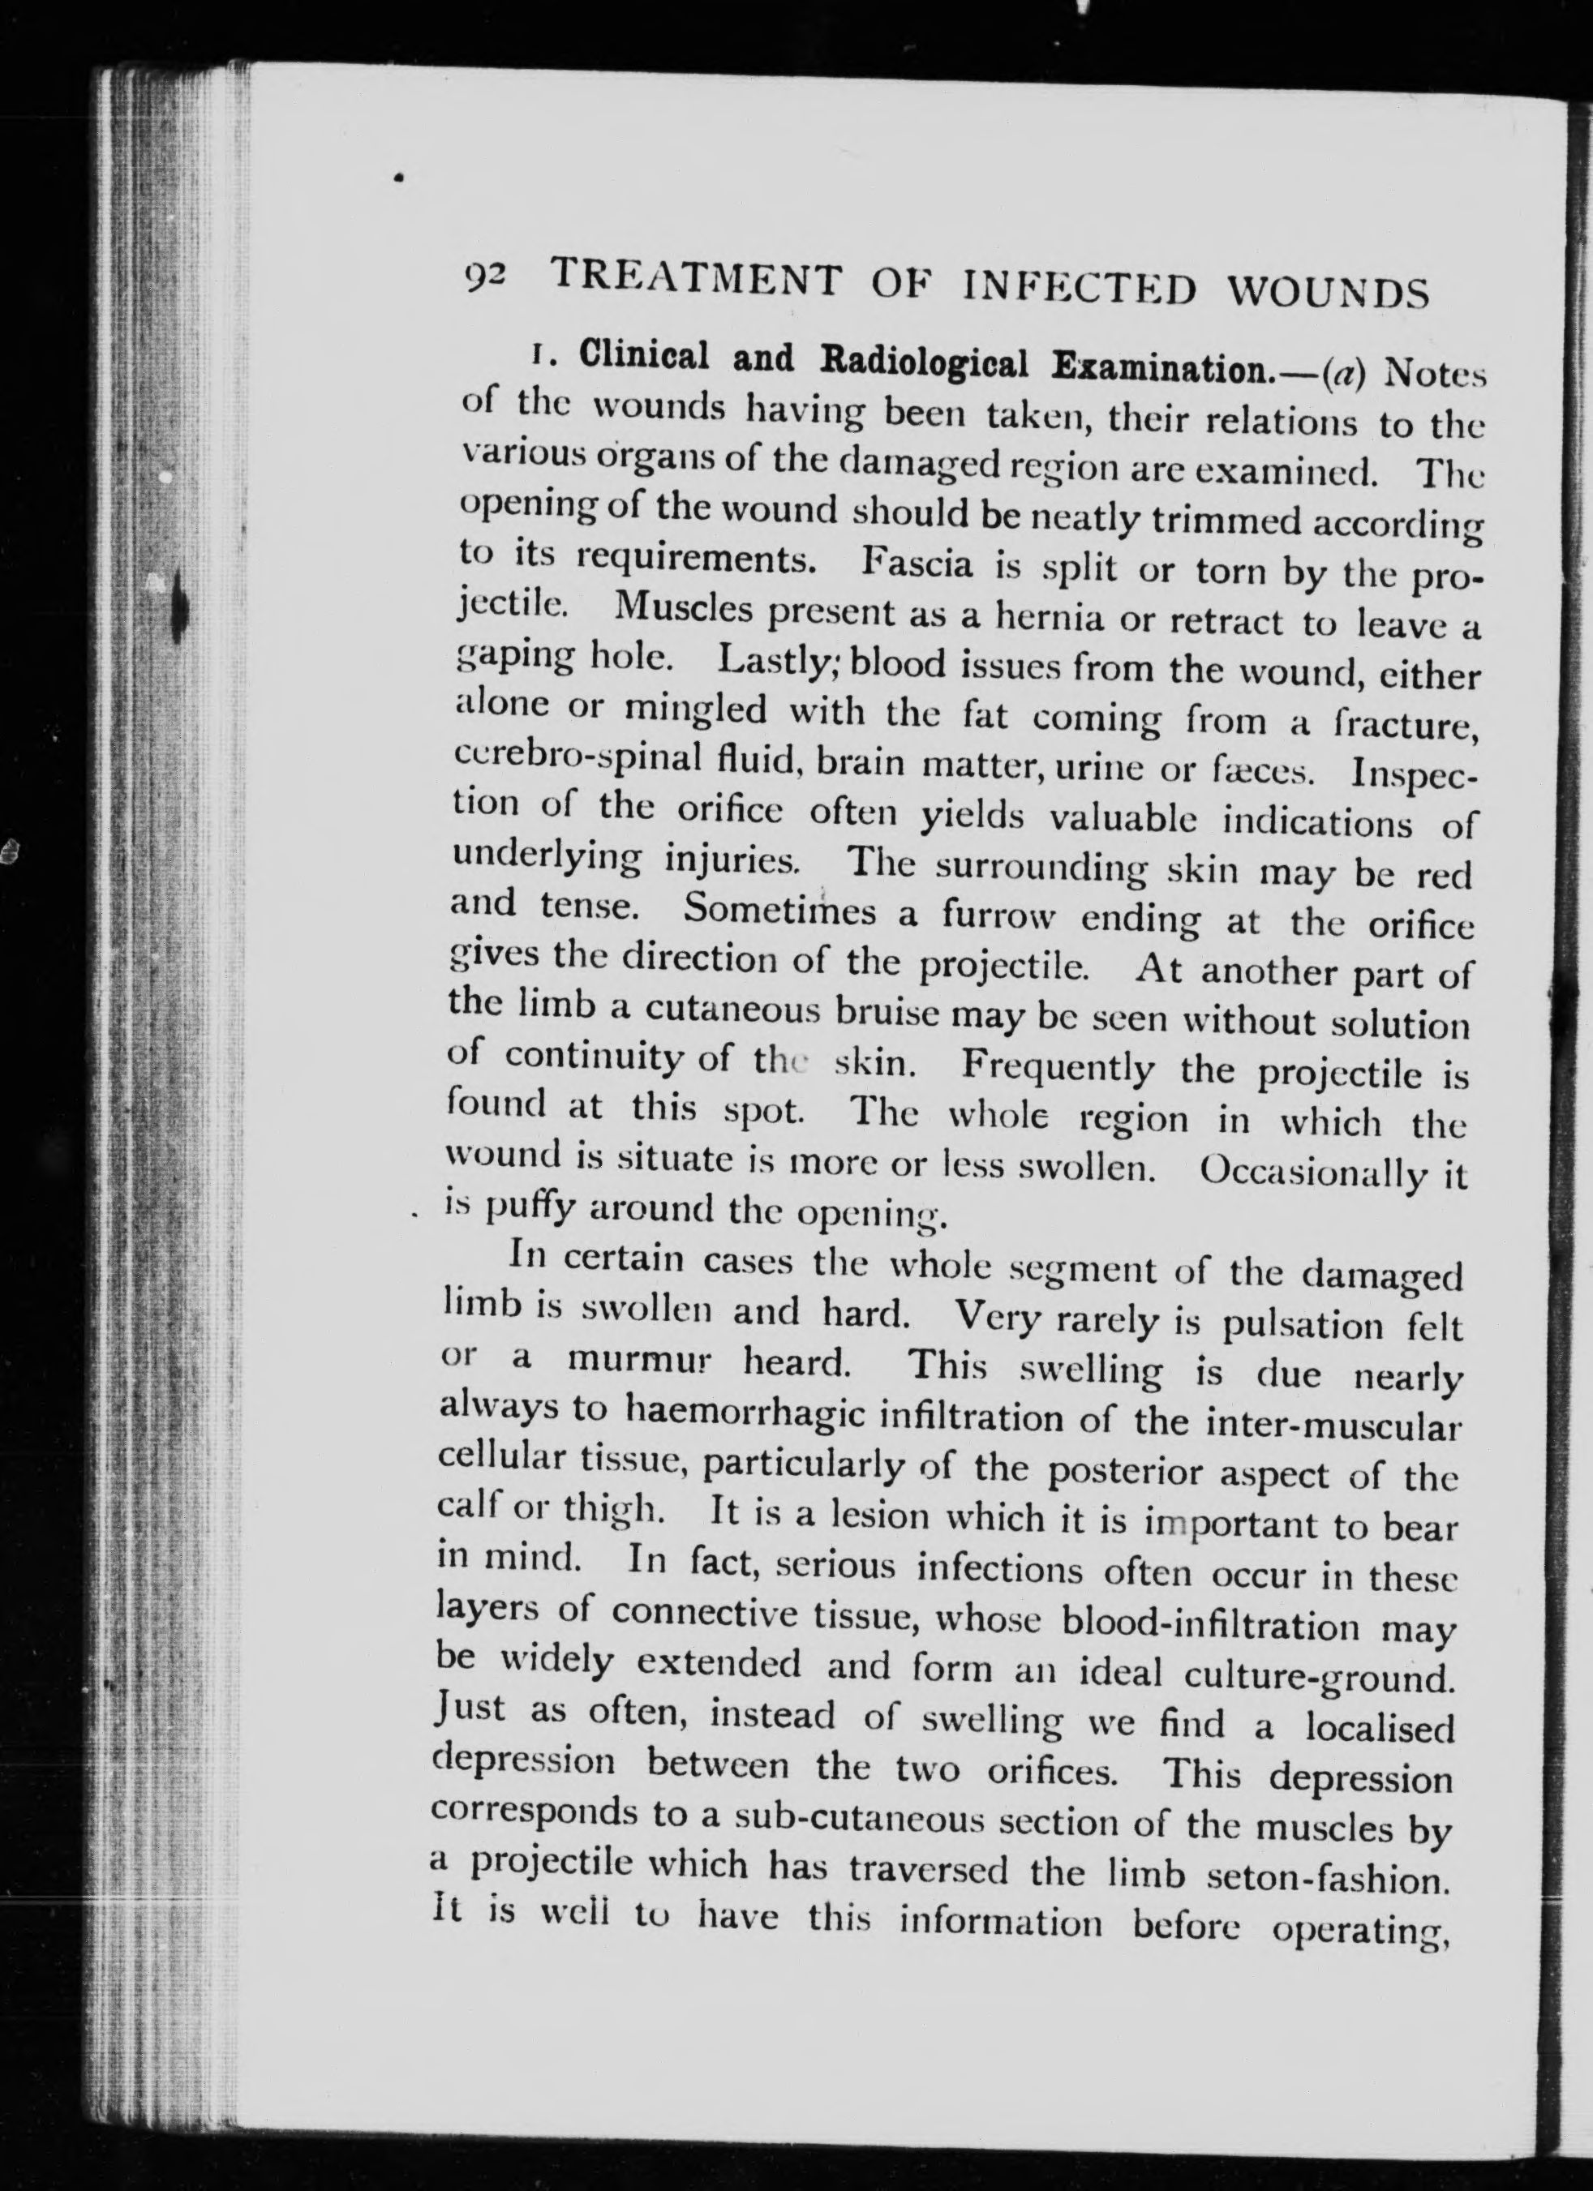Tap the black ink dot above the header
(x=398, y=178)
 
